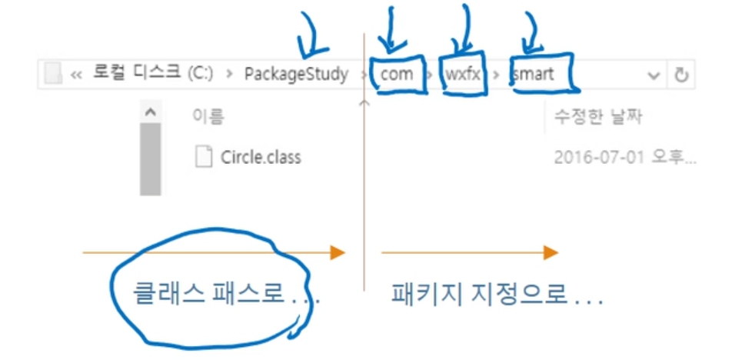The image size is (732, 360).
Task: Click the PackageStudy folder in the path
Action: (x=296, y=75)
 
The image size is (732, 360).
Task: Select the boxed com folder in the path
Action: (x=397, y=75)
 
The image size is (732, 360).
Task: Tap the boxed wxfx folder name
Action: (x=463, y=75)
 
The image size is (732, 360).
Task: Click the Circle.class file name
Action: (x=261, y=158)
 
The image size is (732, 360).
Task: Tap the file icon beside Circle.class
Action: (x=204, y=157)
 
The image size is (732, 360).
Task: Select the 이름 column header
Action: (x=208, y=118)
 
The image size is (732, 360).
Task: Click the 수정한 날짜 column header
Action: (x=598, y=118)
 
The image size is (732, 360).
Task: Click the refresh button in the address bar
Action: (x=680, y=75)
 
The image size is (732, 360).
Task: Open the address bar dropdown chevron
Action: (x=654, y=75)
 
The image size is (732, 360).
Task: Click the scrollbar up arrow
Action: (x=150, y=112)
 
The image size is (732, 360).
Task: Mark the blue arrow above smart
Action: (x=532, y=32)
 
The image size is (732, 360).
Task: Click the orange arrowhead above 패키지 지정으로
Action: (x=550, y=252)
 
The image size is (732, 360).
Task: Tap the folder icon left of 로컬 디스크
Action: (x=52, y=75)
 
